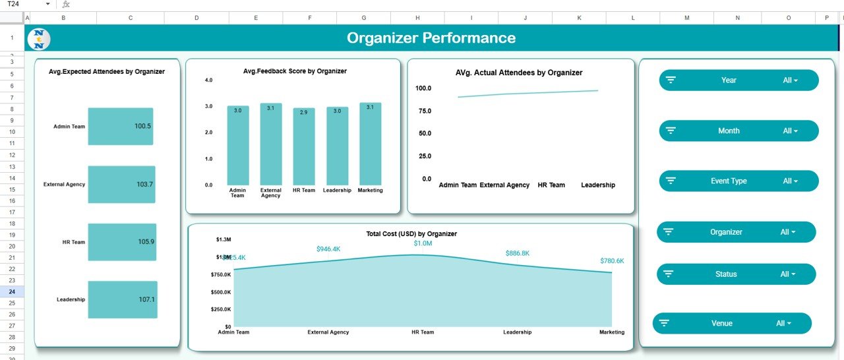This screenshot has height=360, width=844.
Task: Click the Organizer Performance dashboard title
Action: (431, 38)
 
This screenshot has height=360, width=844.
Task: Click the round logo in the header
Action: (39, 39)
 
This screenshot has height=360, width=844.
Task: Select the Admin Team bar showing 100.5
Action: (121, 126)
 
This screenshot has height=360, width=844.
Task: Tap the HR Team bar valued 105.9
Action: (122, 242)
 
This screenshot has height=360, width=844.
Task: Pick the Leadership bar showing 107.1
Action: (123, 299)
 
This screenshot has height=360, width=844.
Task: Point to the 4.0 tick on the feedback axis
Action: (209, 80)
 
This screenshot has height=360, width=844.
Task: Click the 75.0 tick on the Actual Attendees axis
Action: (423, 111)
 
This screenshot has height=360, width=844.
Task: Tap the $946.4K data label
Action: (328, 249)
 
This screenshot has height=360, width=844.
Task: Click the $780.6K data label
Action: (612, 261)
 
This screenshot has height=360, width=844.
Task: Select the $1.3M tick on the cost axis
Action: (224, 239)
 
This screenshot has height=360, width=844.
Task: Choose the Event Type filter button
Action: (738, 181)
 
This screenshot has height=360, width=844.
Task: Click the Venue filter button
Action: (732, 324)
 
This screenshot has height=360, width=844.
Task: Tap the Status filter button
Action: (736, 274)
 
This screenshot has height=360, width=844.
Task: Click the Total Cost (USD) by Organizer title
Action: (411, 234)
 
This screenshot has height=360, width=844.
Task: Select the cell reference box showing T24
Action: (26, 5)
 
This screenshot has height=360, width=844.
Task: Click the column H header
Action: (417, 18)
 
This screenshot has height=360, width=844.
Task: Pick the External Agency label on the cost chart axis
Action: (328, 332)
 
